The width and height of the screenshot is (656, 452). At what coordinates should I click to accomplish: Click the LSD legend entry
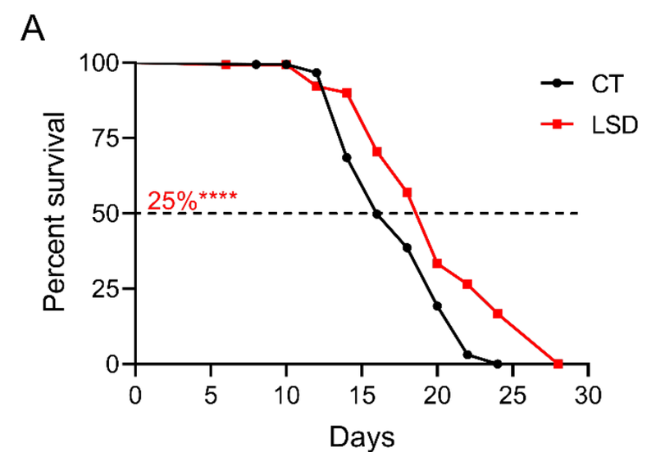[606, 124]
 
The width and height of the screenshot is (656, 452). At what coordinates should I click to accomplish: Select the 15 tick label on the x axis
[362, 393]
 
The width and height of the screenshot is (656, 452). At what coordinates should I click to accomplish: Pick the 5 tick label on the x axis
[211, 393]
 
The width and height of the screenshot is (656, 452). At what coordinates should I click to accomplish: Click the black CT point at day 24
[498, 364]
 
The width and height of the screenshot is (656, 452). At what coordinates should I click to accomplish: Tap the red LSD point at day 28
[558, 364]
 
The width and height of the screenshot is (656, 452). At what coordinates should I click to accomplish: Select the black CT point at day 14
[347, 157]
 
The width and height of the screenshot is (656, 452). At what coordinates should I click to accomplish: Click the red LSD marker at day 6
[226, 64]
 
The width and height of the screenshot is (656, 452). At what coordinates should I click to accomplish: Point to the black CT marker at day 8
[257, 64]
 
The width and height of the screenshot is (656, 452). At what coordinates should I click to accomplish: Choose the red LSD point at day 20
[438, 263]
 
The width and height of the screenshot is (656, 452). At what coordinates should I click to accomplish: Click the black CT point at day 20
[437, 305]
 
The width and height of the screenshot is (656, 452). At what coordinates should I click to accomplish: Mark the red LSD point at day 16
[377, 151]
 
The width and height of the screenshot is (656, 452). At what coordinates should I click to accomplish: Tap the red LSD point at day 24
[498, 314]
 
